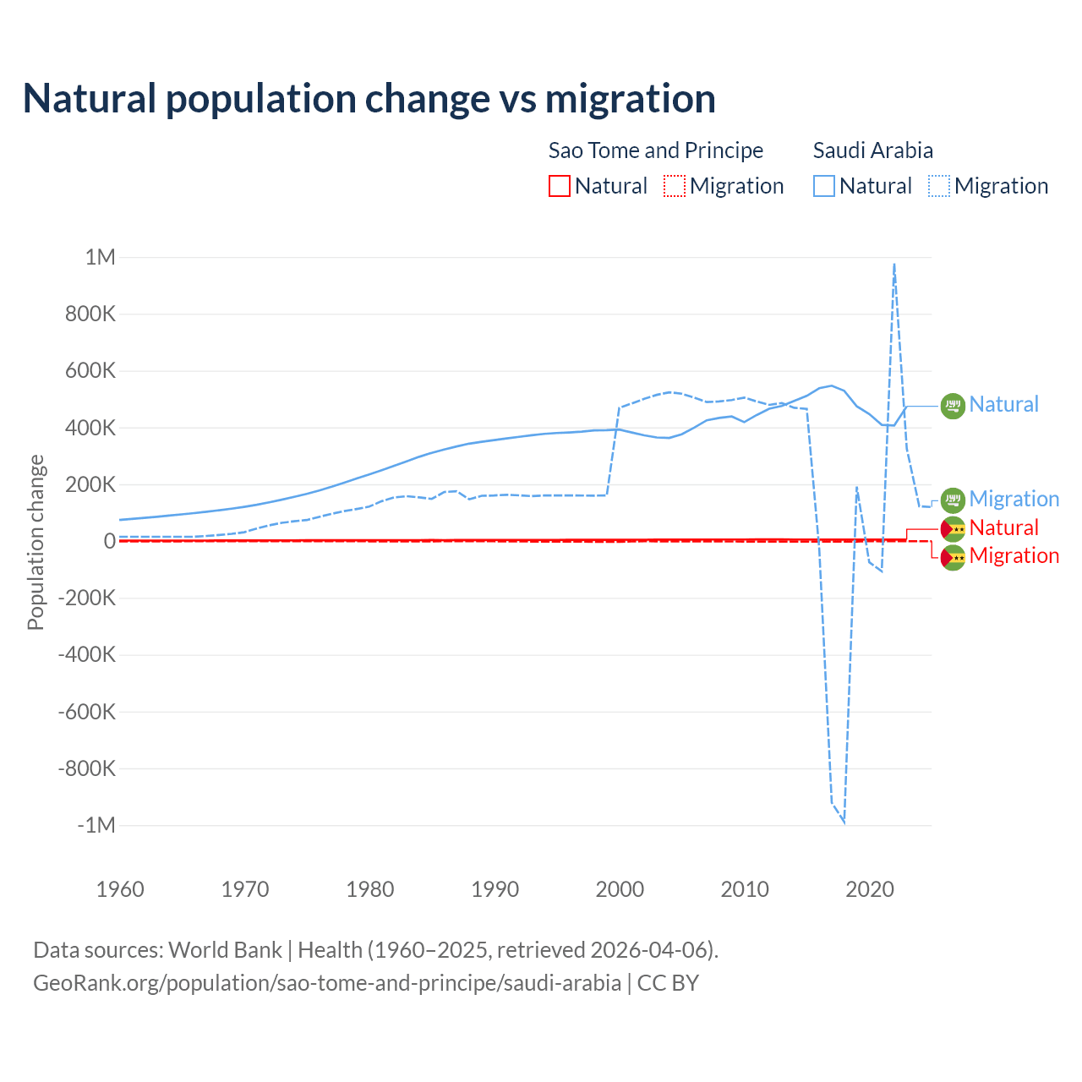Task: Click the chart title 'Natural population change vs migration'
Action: (369, 99)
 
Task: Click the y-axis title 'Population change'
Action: (36, 542)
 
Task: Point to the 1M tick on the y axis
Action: (100, 257)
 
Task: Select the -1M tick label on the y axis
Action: (96, 825)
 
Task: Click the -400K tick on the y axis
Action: (86, 654)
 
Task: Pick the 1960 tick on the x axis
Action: (120, 889)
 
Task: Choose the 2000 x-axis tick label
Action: (620, 889)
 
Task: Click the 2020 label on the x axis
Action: (869, 889)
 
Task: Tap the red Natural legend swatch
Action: (560, 186)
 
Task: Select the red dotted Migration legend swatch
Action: (675, 186)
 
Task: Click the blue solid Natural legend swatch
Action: (824, 186)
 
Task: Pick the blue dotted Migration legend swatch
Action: (939, 186)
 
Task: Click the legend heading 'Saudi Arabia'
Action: (873, 150)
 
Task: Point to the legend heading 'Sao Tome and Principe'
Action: (656, 150)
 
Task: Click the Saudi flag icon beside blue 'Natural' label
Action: (953, 406)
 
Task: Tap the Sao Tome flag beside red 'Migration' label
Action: (953, 557)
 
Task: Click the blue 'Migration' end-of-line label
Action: (1014, 499)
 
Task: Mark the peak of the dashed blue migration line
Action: (894, 264)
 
